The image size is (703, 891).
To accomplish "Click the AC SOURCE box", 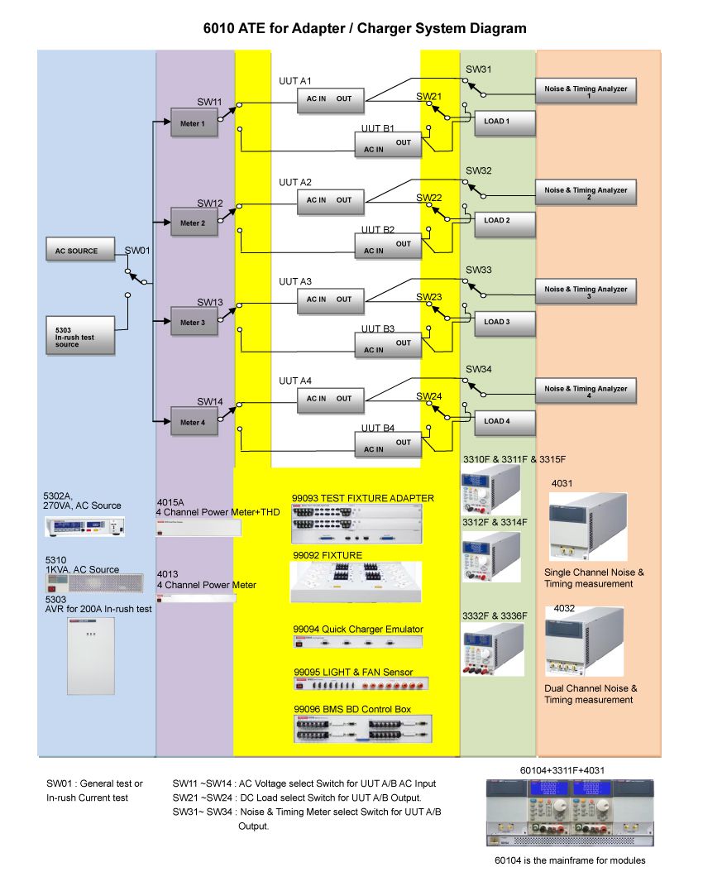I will (x=79, y=251).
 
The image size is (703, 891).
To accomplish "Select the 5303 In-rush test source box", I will (x=79, y=335).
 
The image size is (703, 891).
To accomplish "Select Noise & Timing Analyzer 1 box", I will (x=586, y=91).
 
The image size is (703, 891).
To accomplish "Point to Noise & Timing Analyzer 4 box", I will (x=586, y=390).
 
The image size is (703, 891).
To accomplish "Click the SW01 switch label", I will (x=137, y=250).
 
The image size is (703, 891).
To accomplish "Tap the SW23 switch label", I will (x=429, y=297).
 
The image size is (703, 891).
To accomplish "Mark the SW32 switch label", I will (x=478, y=170).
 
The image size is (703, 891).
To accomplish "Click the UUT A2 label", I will (x=295, y=182).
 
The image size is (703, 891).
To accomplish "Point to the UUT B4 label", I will (x=378, y=429).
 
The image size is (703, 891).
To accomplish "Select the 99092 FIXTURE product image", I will (x=356, y=582).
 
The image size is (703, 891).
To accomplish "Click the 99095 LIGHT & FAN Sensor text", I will (x=353, y=672).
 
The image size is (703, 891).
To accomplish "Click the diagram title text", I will (x=365, y=29).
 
